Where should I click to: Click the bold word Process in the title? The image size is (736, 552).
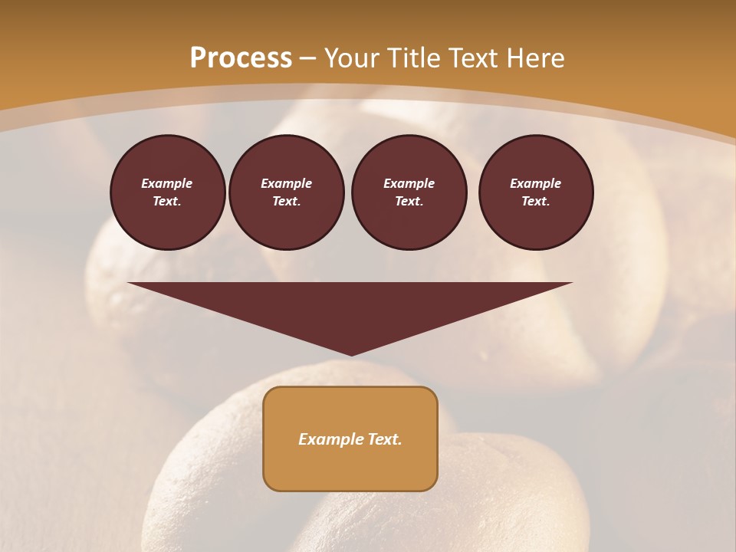241,58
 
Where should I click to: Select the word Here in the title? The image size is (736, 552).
534,58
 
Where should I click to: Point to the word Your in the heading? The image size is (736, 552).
351,58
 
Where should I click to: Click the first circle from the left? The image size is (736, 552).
167,192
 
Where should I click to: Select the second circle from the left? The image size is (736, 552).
287,192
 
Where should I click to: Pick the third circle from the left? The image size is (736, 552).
409,192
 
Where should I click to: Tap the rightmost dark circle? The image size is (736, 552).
536,192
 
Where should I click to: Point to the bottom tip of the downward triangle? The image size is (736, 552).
350,354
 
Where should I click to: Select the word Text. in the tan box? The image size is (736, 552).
383,439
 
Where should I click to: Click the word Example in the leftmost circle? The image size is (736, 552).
167,183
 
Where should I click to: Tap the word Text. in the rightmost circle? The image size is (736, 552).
536,202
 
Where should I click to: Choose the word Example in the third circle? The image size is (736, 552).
409,183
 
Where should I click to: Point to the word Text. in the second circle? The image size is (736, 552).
287,202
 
